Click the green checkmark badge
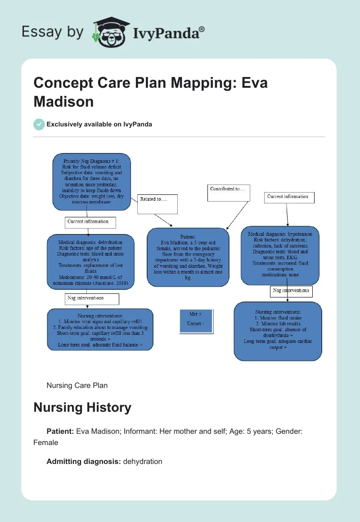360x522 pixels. coord(39,124)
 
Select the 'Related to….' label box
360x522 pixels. coord(157,204)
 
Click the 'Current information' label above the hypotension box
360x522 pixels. coord(289,197)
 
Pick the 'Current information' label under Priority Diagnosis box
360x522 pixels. coord(90,222)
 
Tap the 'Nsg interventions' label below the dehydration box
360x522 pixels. coord(92,299)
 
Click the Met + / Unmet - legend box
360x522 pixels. coord(195,320)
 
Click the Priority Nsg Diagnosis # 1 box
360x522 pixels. coord(91,182)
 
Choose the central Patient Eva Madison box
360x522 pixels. coord(188,257)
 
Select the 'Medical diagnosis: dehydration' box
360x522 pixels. coord(90,261)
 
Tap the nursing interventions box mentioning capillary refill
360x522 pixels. coord(100,329)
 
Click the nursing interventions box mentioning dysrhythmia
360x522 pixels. coord(278,331)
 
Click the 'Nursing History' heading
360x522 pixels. coord(82,408)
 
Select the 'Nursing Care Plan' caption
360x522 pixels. coord(77,385)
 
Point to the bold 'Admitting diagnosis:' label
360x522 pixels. coord(83,461)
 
